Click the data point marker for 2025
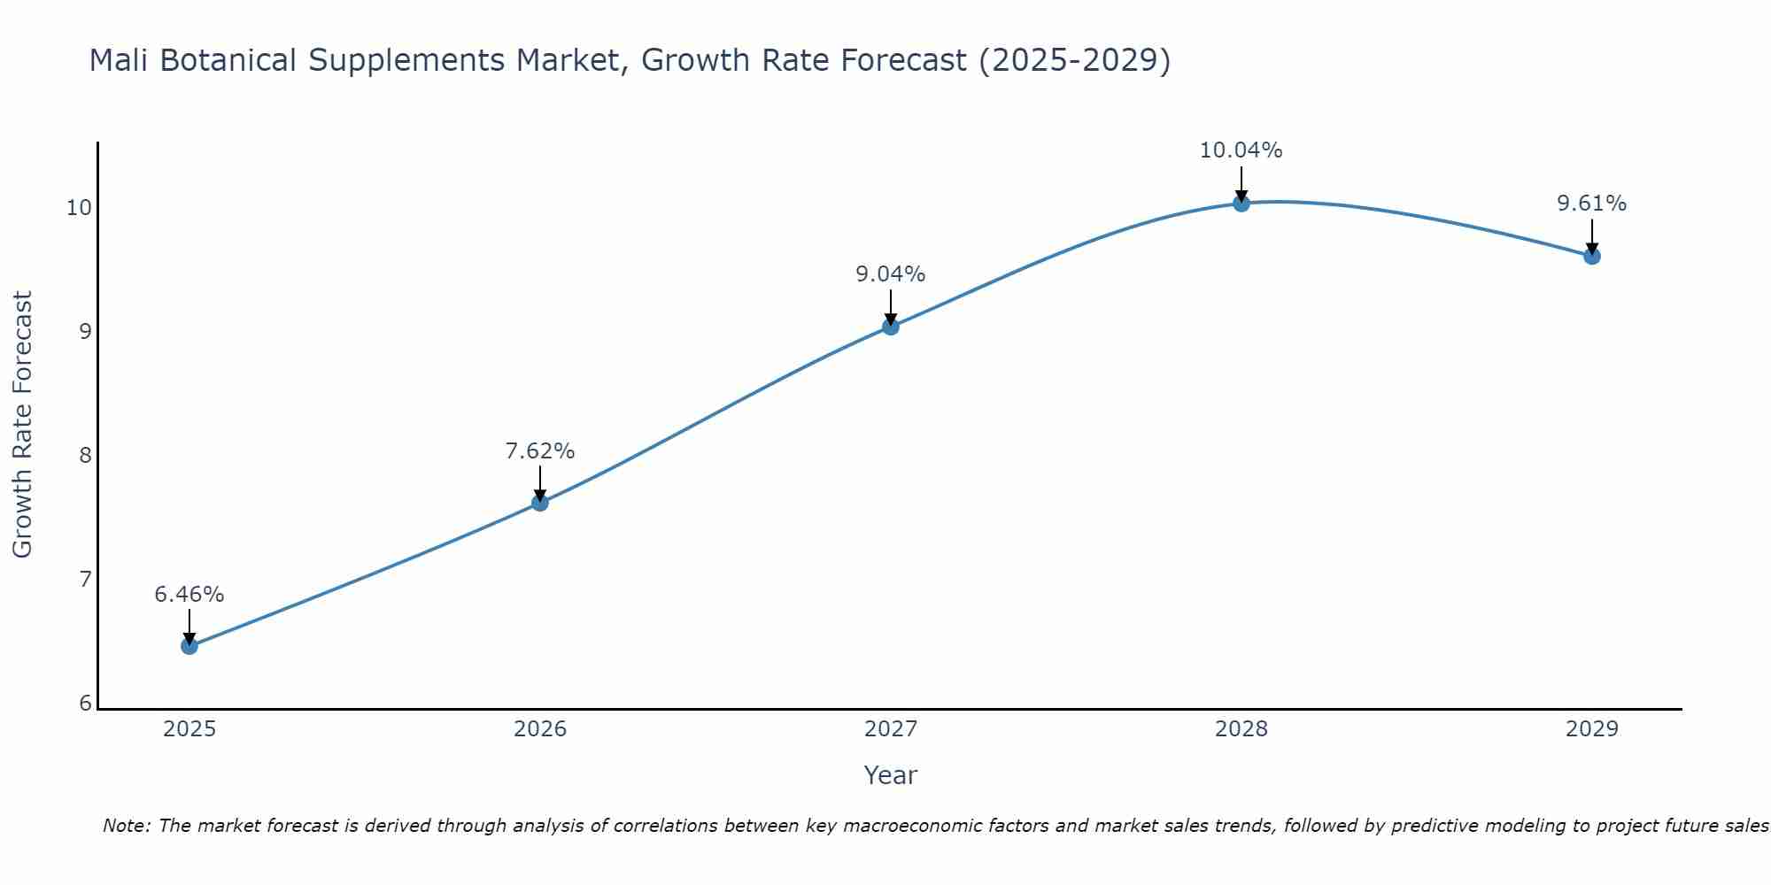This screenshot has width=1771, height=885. [189, 646]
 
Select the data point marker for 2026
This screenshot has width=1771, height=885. [540, 503]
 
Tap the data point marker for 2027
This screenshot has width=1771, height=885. [891, 327]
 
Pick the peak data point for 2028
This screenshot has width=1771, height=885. [1241, 204]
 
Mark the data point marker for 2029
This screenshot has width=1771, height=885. [1591, 257]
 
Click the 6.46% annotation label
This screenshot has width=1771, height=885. [189, 595]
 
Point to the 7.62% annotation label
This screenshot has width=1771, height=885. [540, 451]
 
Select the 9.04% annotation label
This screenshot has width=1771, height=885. [891, 274]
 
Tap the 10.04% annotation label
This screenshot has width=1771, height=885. [1241, 150]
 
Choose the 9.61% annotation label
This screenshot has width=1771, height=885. [1591, 204]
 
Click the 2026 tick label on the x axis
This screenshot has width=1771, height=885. [540, 729]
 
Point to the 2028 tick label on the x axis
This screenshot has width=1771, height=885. [1241, 729]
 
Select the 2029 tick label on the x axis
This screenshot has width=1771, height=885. [1591, 729]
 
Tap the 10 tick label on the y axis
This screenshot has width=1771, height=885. [79, 208]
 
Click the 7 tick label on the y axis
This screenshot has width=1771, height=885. [85, 580]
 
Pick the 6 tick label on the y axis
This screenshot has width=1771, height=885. [85, 704]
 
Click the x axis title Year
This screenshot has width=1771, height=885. [891, 775]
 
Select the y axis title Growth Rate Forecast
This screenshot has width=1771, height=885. [23, 425]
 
